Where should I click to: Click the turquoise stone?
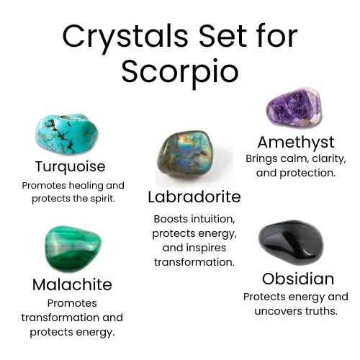(x=67, y=134)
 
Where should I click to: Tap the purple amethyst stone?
(x=294, y=107)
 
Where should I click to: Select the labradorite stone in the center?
(x=185, y=154)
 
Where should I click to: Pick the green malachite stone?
(x=73, y=248)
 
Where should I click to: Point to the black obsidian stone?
(x=291, y=243)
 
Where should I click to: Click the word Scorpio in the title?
(x=180, y=72)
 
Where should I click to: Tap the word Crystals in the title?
(x=125, y=37)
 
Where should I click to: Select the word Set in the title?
(x=222, y=36)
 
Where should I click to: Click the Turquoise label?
(x=70, y=167)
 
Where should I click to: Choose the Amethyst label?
(x=296, y=143)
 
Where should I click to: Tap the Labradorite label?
(x=194, y=197)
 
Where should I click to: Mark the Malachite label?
(x=72, y=285)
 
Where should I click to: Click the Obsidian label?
(x=298, y=279)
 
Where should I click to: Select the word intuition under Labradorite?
(x=213, y=219)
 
